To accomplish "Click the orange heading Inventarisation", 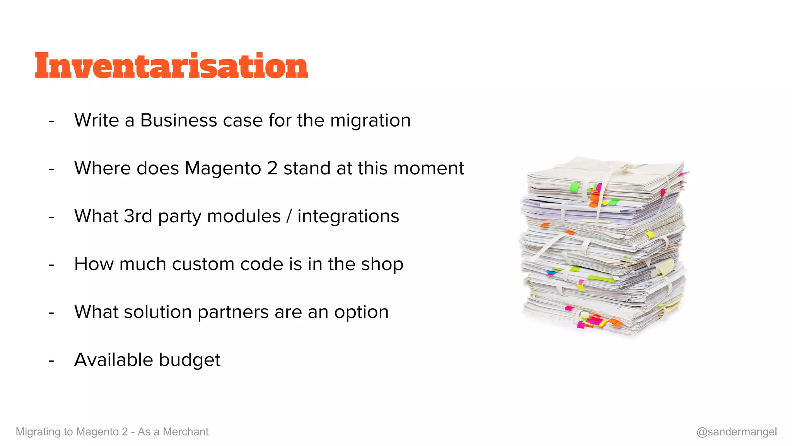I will point(171,66).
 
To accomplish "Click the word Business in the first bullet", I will point(178,120).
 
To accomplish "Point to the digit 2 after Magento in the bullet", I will point(272,168).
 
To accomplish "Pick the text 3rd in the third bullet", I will point(138,216).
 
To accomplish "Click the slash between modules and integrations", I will point(289,216).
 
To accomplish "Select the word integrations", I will point(348,216).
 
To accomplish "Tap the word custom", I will point(203,264).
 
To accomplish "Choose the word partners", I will point(233,312).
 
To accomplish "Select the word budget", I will point(189,360).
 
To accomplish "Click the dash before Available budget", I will point(51,361).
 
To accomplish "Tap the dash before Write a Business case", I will point(51,121).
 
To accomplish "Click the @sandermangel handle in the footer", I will point(736,432).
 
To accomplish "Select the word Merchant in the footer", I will point(186,432).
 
